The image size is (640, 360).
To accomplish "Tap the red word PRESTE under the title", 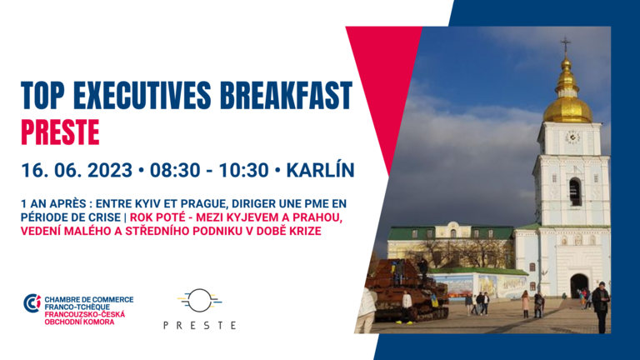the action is pyautogui.click(x=60, y=132).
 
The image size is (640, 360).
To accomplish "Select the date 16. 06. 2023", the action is pyautogui.click(x=77, y=170).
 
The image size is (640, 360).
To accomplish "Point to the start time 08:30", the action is pyautogui.click(x=175, y=170).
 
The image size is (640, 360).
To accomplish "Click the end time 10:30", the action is pyautogui.click(x=243, y=170).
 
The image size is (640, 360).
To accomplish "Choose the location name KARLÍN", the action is pyautogui.click(x=320, y=170).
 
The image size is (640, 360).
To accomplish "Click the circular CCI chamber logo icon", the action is pyautogui.click(x=32, y=303).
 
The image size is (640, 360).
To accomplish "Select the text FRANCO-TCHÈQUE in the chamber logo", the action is pyautogui.click(x=77, y=307).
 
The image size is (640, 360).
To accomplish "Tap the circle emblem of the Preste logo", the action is pyautogui.click(x=200, y=300).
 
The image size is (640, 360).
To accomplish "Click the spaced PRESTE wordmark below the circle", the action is pyautogui.click(x=200, y=325).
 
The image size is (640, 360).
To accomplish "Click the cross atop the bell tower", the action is pyautogui.click(x=566, y=44).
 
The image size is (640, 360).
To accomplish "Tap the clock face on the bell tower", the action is pyautogui.click(x=572, y=137).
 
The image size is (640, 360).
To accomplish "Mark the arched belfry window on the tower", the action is pyautogui.click(x=575, y=192).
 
